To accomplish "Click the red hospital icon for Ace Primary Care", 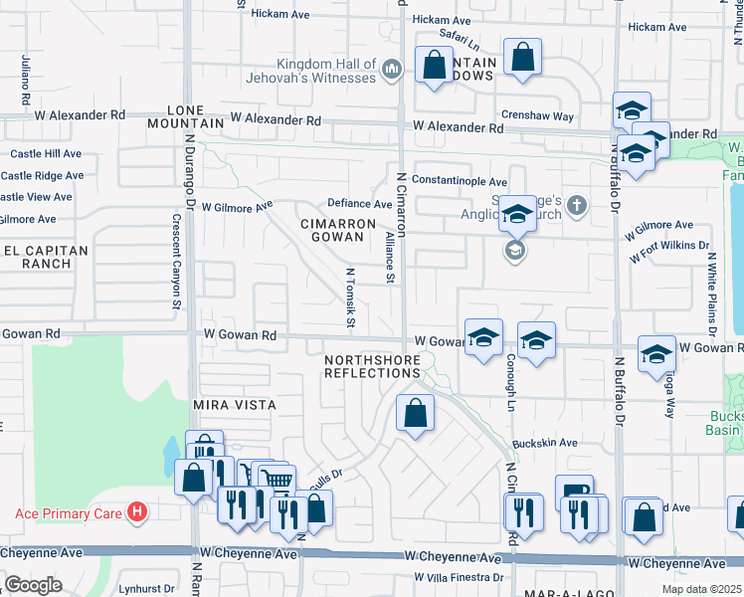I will click(138, 513).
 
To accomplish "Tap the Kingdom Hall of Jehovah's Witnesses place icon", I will click(392, 69).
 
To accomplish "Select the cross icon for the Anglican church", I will click(582, 207).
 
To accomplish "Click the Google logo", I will click(34, 585).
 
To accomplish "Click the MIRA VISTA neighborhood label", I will click(234, 406).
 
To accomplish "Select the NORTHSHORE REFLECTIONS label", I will click(373, 365).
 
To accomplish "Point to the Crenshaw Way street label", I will click(538, 116).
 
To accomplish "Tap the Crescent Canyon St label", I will click(176, 256).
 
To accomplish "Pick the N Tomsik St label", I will click(350, 297).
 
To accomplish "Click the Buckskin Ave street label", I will click(545, 443).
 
